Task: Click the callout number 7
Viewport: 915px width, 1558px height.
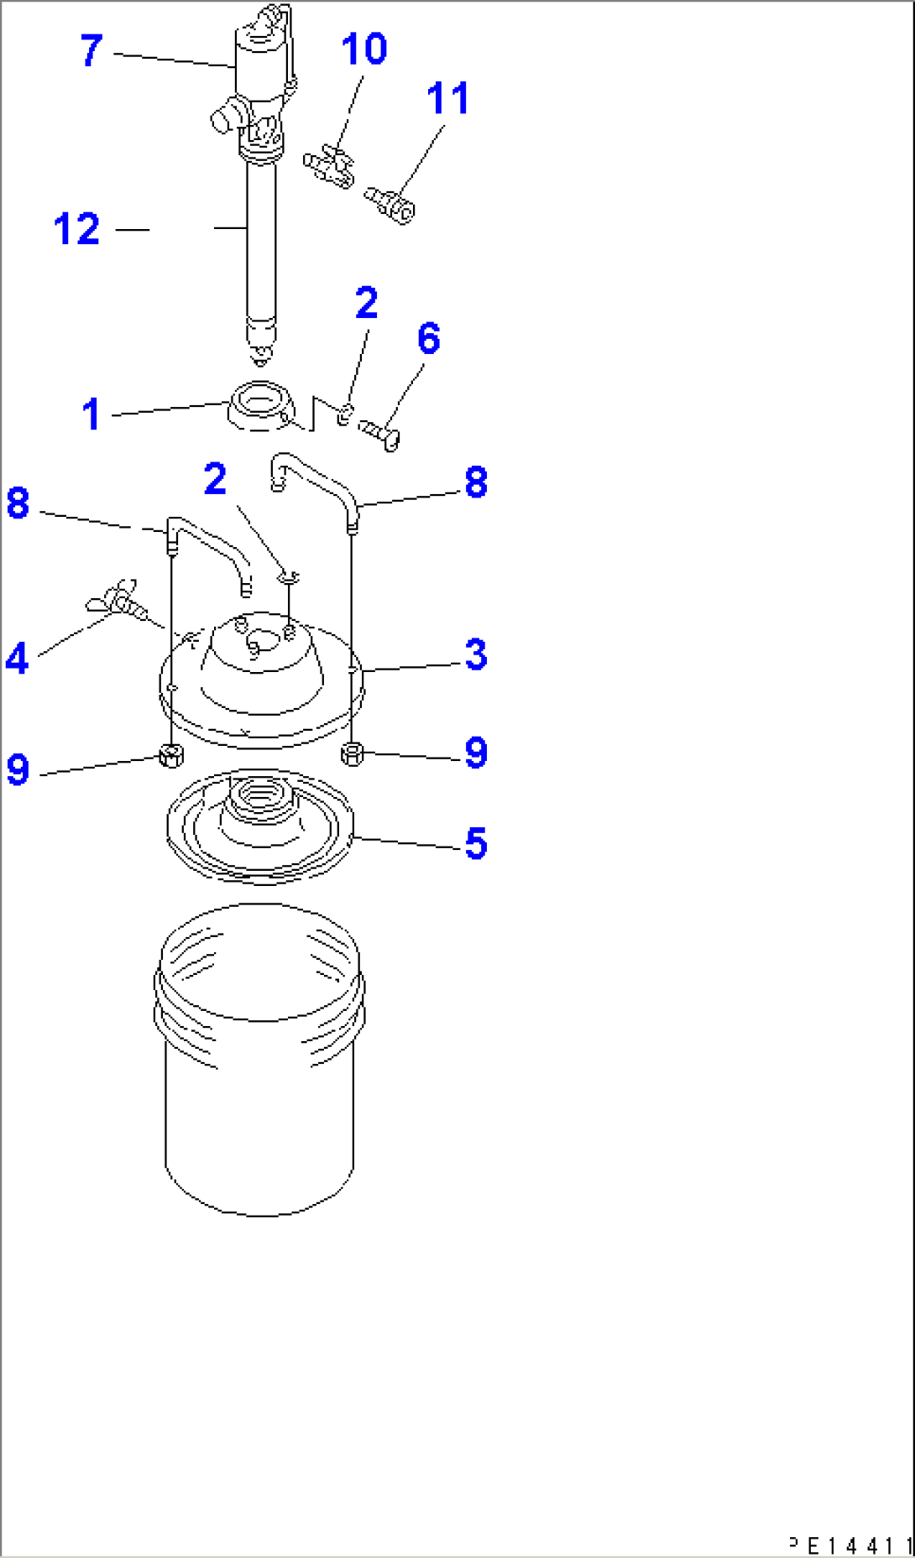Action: [x=91, y=50]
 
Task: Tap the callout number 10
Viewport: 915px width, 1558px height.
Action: [x=363, y=49]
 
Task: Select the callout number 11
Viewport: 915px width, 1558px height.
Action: [x=447, y=98]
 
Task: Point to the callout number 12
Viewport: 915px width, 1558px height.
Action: [x=76, y=229]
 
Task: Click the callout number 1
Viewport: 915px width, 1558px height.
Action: [x=91, y=414]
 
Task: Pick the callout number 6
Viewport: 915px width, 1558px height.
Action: [x=428, y=338]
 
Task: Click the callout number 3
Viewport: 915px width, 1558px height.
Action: [x=475, y=654]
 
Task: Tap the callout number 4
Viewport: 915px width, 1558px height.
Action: [x=17, y=658]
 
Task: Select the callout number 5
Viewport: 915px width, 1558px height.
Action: [x=475, y=843]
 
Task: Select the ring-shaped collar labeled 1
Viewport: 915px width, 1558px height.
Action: [x=261, y=405]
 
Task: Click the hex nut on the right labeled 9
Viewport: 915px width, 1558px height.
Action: [x=353, y=753]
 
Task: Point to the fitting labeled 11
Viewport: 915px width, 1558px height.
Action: [x=390, y=205]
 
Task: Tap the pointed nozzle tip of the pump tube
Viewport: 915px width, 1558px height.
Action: [x=261, y=357]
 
